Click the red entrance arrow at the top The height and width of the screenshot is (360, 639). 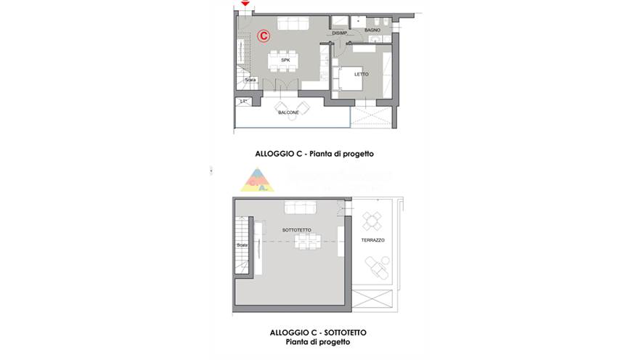tap(245, 4)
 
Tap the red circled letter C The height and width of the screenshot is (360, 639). tap(264, 35)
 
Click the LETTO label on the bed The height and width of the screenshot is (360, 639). tap(361, 74)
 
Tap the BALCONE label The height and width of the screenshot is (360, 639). tap(288, 112)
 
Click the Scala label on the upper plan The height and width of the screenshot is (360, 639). tap(251, 79)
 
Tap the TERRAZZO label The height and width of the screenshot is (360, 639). tap(373, 240)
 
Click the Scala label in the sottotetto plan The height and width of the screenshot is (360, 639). tap(241, 245)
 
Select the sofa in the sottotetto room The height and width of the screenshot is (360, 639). tap(300, 209)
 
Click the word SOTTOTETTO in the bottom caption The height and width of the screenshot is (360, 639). tap(338, 332)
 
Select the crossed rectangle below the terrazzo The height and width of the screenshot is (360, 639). tap(374, 299)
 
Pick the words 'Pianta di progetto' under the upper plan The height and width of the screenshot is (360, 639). tap(345, 154)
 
